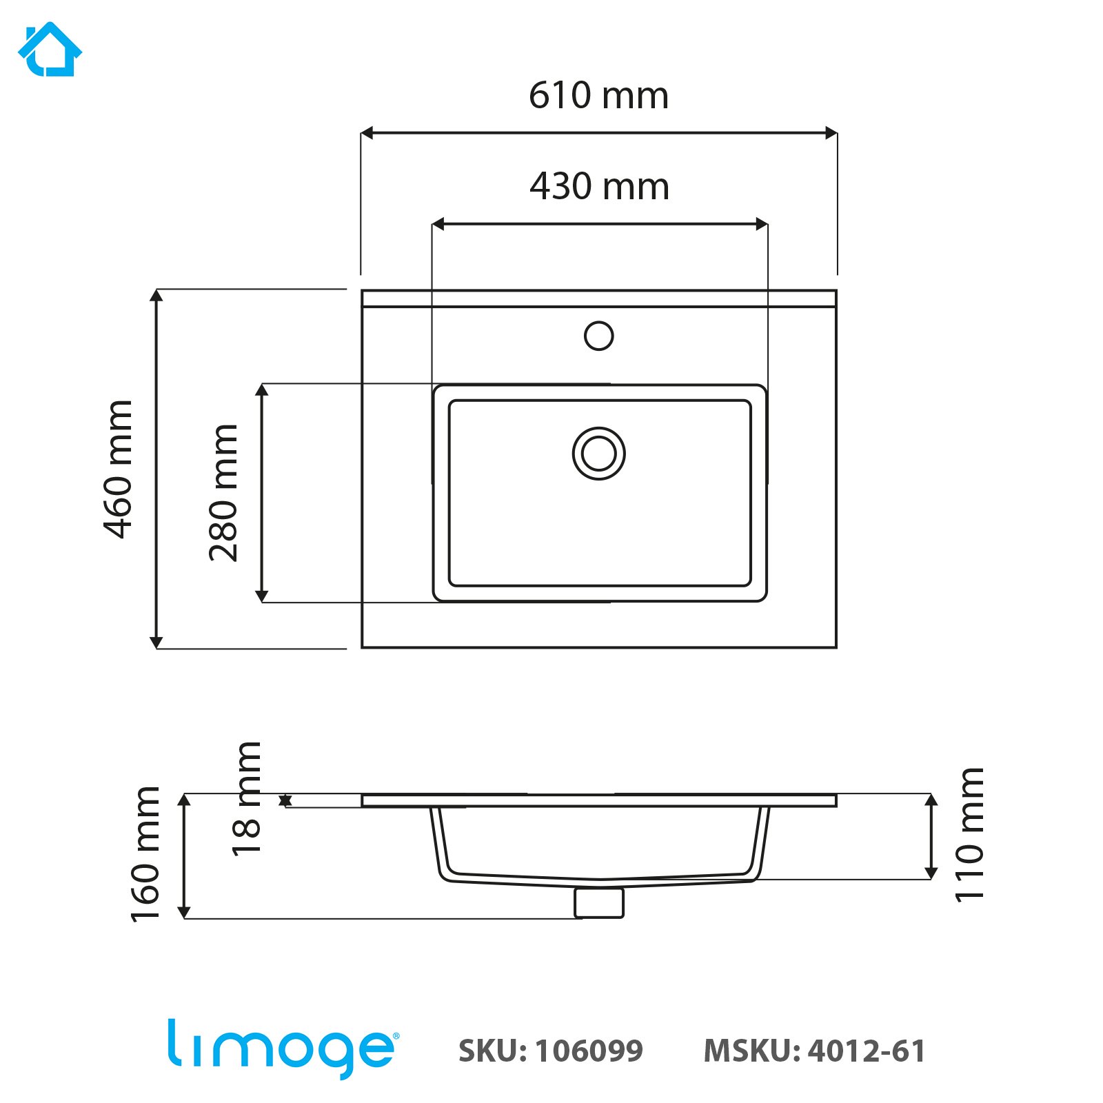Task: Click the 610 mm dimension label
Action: pyautogui.click(x=598, y=95)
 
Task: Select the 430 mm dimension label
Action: pyautogui.click(x=599, y=186)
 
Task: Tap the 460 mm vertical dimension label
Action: pyautogui.click(x=118, y=469)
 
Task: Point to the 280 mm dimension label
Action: pyautogui.click(x=223, y=493)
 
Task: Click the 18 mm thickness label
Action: pyautogui.click(x=246, y=798)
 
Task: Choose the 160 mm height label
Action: pyautogui.click(x=145, y=853)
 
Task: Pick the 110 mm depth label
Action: pyautogui.click(x=969, y=834)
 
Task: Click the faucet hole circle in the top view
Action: pyautogui.click(x=598, y=336)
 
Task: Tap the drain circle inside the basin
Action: pyautogui.click(x=598, y=454)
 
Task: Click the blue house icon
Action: pyautogui.click(x=50, y=50)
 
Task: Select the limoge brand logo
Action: pyautogui.click(x=283, y=1048)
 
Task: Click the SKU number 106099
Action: pyautogui.click(x=589, y=1051)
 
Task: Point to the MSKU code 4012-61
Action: pyautogui.click(x=867, y=1051)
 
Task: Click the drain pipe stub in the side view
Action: pyautogui.click(x=599, y=902)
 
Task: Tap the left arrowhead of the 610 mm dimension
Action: pyautogui.click(x=367, y=133)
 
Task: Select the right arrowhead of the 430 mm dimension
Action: pyautogui.click(x=762, y=224)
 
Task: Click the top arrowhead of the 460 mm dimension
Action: pyautogui.click(x=156, y=296)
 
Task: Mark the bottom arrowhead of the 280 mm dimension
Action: pyautogui.click(x=261, y=596)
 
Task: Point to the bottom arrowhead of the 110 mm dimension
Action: pyautogui.click(x=931, y=873)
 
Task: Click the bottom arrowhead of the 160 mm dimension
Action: pyautogui.click(x=184, y=912)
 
